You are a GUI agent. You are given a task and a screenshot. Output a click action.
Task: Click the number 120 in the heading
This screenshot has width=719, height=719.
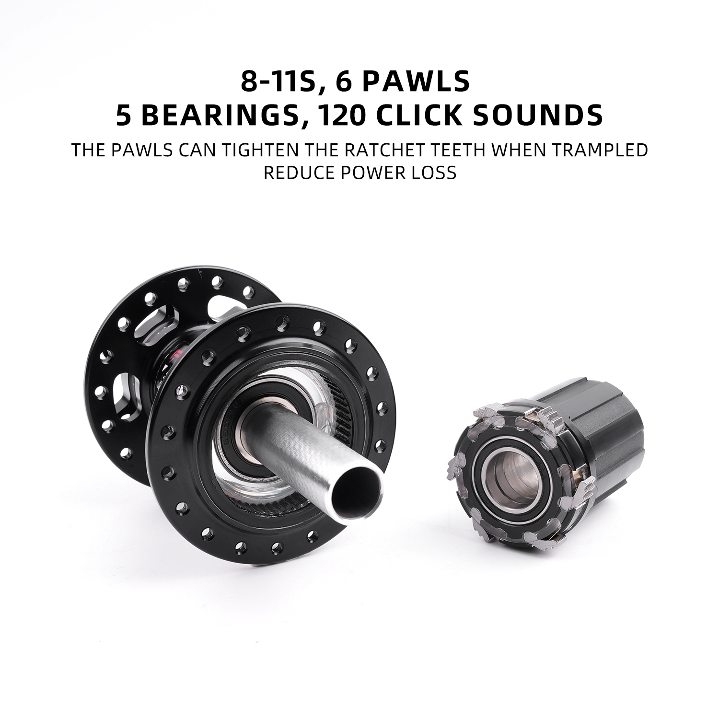click(x=343, y=116)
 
